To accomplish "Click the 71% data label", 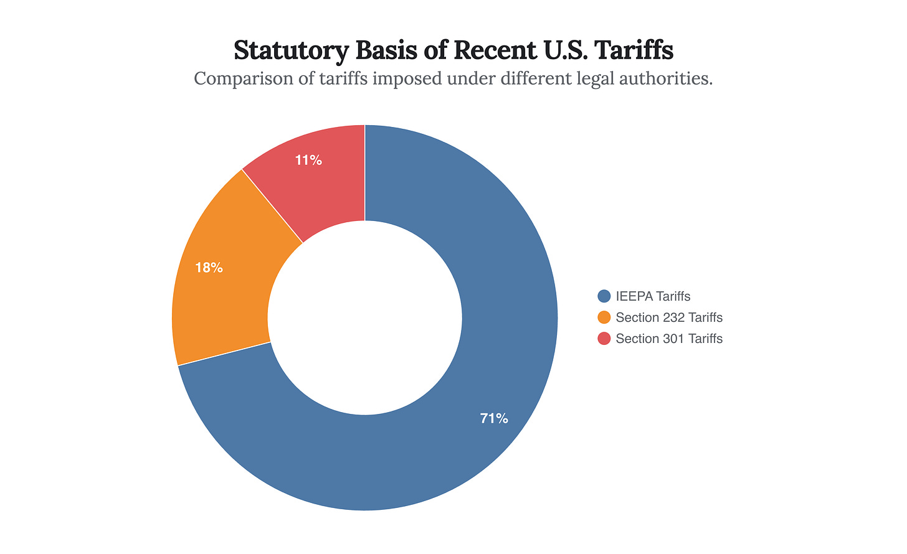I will pyautogui.click(x=494, y=419).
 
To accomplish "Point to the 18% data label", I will pyautogui.click(x=209, y=268).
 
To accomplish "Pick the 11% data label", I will pyautogui.click(x=308, y=161).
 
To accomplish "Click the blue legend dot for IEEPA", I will pyautogui.click(x=604, y=296).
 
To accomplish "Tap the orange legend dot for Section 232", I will pyautogui.click(x=604, y=317).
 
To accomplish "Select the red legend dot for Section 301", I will pyautogui.click(x=604, y=339).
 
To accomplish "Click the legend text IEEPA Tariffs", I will pyautogui.click(x=653, y=296).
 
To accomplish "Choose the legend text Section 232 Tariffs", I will pyautogui.click(x=669, y=317).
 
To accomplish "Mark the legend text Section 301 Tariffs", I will pyautogui.click(x=669, y=339).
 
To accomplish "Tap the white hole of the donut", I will pyautogui.click(x=365, y=317).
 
